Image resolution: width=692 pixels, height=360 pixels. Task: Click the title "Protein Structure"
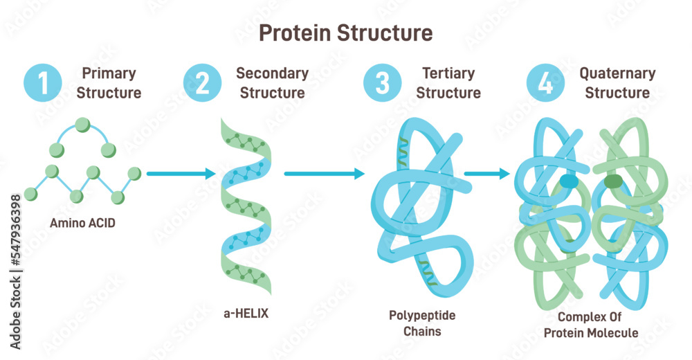[x=345, y=33]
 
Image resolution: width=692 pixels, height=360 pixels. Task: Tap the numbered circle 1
[x=44, y=83]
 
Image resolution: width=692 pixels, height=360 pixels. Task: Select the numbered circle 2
[x=202, y=83]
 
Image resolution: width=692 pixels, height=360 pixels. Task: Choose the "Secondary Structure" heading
[x=272, y=83]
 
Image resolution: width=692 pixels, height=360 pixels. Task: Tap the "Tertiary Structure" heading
[x=448, y=83]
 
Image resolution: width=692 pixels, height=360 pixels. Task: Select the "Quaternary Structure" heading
[x=617, y=83]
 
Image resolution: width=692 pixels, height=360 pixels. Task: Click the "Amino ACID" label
[x=82, y=223]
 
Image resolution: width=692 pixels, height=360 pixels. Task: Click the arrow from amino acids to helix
[x=181, y=174]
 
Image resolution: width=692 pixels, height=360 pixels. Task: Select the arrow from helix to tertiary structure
[x=324, y=174]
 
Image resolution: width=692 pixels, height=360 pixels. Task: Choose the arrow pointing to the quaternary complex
[x=486, y=174]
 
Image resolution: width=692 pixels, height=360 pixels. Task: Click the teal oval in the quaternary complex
[x=569, y=181]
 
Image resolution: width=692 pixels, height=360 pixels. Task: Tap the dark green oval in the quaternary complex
[x=613, y=181]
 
